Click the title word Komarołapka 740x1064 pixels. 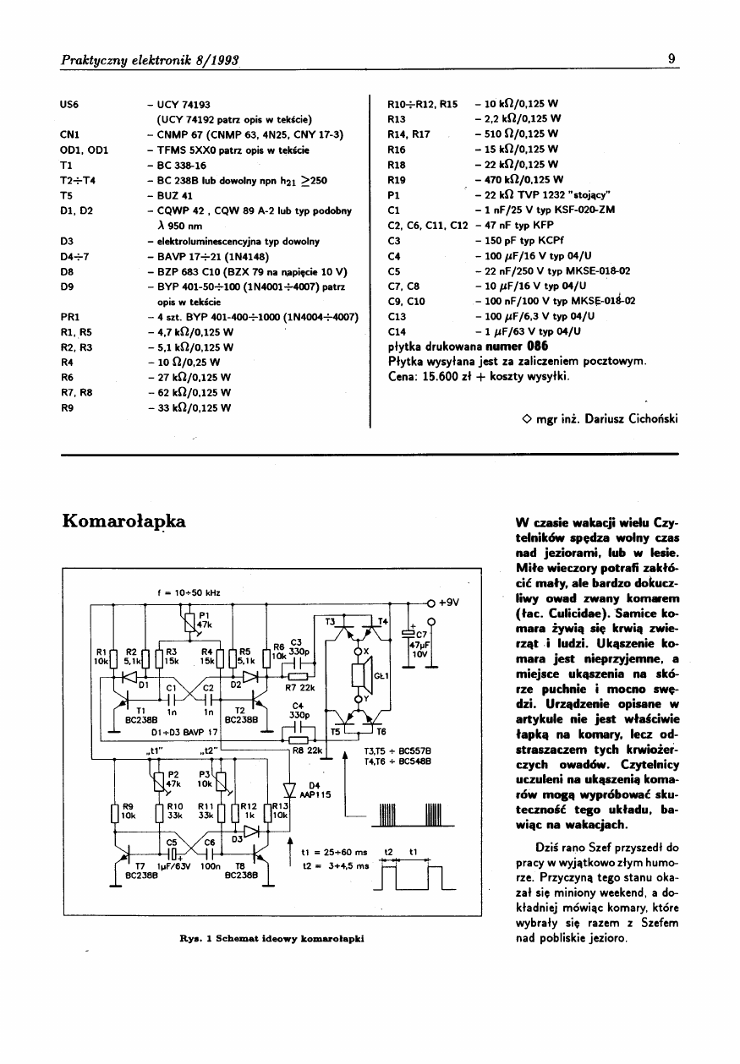pyautogui.click(x=123, y=518)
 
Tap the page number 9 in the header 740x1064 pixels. pyautogui.click(x=671, y=59)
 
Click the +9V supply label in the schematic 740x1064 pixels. pyautogui.click(x=448, y=603)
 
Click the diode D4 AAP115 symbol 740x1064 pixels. pyautogui.click(x=289, y=789)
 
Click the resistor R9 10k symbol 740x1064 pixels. pyautogui.click(x=115, y=815)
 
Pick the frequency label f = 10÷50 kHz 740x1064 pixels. pyautogui.click(x=194, y=592)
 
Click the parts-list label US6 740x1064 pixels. pyautogui.click(x=69, y=105)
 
